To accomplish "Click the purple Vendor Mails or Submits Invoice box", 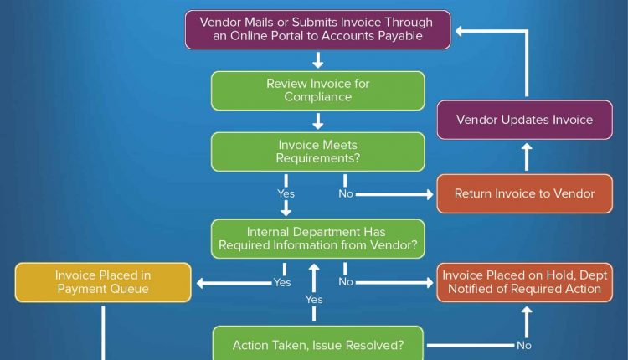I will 317,29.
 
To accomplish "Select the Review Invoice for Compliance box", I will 317,90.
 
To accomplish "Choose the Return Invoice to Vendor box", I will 524,193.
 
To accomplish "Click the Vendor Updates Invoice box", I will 524,120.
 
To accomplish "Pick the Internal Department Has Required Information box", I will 317,239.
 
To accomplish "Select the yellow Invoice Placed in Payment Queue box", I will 103,282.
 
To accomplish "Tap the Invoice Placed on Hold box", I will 524,282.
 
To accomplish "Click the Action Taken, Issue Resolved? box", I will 317,345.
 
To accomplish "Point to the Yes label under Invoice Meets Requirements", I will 286,194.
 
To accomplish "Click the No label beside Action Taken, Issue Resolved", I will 524,345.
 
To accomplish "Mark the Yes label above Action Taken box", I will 314,299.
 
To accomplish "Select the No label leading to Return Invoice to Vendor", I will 346,194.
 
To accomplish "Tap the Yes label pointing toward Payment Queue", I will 282,282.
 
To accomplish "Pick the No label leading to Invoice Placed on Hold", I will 346,282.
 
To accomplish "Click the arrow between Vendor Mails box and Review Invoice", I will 317,60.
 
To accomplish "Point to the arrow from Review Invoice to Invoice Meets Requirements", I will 317,121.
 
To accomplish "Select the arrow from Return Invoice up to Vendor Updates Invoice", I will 526,157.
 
